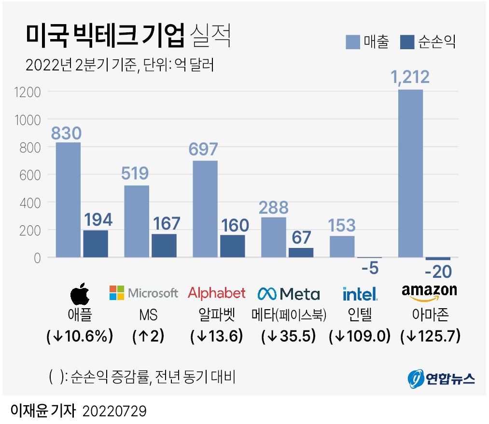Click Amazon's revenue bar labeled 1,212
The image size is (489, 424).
pos(410,174)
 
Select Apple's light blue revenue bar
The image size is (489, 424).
pos(68,200)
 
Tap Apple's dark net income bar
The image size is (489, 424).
pos(95,244)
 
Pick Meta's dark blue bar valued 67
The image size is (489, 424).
pos(301,252)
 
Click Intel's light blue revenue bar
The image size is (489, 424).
pos(342,246)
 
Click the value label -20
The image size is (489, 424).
pos(438,272)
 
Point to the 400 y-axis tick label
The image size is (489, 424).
pos(30,203)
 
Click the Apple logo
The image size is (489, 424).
pos(80,293)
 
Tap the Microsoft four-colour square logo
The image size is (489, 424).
pos(117,293)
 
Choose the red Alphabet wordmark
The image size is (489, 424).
pos(217,293)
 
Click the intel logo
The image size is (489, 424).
pos(360,293)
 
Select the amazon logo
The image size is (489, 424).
pos(429,291)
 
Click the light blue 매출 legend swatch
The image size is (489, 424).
pos(353,42)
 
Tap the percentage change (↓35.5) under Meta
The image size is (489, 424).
pos(289,336)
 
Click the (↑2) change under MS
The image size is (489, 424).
pos(148,336)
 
